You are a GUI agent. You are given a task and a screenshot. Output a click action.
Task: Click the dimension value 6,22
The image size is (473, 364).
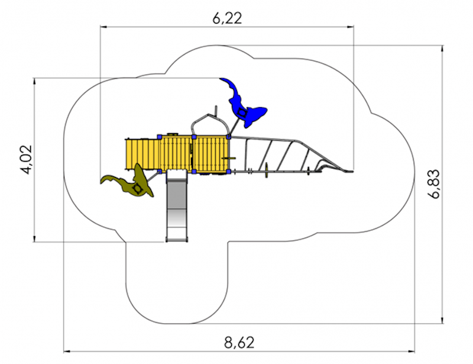click(227, 19)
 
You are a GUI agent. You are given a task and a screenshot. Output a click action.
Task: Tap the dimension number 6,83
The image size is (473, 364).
click(435, 183)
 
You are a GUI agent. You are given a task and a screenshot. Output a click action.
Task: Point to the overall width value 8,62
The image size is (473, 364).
click(239, 343)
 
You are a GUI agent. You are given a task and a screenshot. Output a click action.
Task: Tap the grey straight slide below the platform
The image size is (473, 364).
click(177, 205)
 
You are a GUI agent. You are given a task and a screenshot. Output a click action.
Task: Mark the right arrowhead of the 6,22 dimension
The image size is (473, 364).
click(350, 27)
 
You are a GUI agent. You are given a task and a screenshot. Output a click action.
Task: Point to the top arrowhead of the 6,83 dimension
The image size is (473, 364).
click(442, 49)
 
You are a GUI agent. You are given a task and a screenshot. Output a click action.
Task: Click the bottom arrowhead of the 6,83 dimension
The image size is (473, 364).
click(442, 320)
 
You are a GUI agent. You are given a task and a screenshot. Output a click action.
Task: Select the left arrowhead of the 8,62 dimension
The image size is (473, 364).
click(67, 352)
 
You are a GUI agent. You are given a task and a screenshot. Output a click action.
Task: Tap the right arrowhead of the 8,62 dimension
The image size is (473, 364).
click(411, 352)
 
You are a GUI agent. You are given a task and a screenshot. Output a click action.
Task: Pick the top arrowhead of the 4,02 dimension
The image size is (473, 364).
click(34, 82)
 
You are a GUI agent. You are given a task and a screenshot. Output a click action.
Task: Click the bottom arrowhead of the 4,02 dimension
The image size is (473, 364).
click(34, 239)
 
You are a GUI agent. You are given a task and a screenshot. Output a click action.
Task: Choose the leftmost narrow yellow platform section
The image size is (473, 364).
click(142, 154)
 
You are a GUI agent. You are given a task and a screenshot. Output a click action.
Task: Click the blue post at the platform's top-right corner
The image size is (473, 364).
click(229, 137)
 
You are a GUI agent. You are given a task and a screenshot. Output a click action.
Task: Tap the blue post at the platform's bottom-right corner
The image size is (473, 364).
click(229, 172)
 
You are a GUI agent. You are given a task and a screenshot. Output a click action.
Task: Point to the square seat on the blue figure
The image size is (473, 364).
click(242, 112)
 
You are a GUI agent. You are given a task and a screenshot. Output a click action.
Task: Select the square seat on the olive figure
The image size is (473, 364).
click(138, 188)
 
